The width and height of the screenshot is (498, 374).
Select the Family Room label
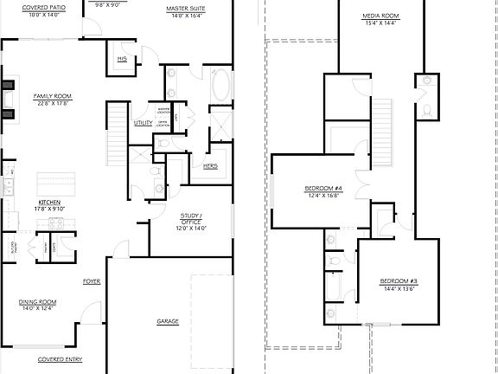click(x=52, y=95)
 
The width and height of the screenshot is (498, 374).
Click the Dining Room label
click(x=38, y=302)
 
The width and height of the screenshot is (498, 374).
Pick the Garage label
click(x=168, y=321)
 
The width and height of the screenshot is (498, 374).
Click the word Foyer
click(x=92, y=281)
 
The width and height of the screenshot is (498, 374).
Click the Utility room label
click(x=143, y=123)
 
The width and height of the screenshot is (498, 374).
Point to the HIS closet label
click(x=122, y=58)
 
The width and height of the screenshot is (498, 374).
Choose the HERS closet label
click(x=210, y=165)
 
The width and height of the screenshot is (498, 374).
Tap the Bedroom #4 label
click(x=323, y=189)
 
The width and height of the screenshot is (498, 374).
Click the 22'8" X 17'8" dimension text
click(x=52, y=103)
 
